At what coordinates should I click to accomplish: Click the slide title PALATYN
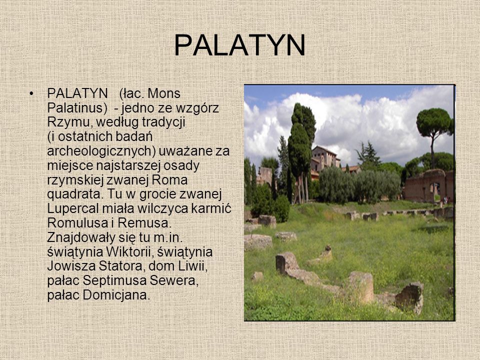click(239, 45)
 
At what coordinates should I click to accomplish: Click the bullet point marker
click(31, 93)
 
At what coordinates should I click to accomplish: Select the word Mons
click(164, 93)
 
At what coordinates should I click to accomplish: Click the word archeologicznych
click(101, 151)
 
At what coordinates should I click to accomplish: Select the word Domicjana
click(116, 295)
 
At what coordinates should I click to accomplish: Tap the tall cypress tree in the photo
click(301, 144)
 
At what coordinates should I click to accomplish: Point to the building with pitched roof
click(325, 159)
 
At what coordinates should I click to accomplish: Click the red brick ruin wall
click(426, 185)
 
